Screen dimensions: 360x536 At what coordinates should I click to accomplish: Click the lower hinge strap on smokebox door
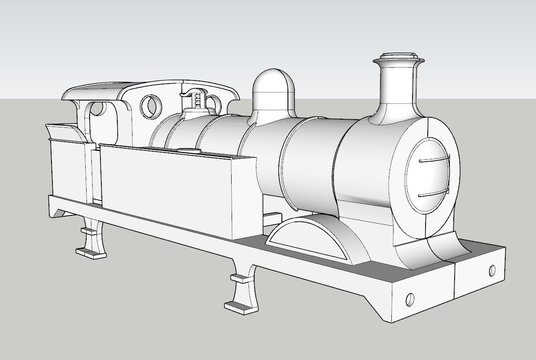pos(434,193)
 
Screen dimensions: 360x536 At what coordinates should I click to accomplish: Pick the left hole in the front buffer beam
pos(410,298)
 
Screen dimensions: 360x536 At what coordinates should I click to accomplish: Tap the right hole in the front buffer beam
pos(492,270)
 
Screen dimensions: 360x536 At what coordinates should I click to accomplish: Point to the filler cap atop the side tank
pos(189,150)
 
